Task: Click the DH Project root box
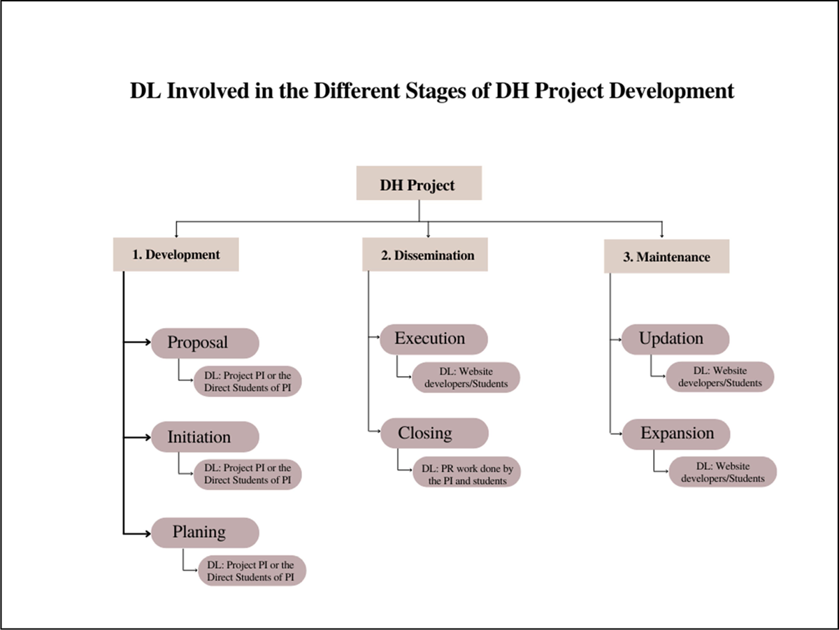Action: point(419,182)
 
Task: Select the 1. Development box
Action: point(175,255)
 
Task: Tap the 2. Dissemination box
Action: point(425,255)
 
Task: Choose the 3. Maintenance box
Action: point(666,256)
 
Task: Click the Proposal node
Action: point(206,343)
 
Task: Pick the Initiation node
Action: point(206,436)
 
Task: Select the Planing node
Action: point(206,533)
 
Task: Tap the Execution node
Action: point(434,339)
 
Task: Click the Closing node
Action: point(435,433)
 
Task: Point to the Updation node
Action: point(675,339)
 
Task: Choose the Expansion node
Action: point(676,434)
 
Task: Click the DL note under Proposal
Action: point(248,381)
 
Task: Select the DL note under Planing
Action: point(252,571)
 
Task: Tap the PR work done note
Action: point(467,471)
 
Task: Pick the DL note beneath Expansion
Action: point(723,471)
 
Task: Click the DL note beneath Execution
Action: point(466,378)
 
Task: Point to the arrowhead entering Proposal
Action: point(148,342)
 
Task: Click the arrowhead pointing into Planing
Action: point(148,534)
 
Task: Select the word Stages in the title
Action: point(436,92)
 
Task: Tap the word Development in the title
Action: point(672,92)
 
